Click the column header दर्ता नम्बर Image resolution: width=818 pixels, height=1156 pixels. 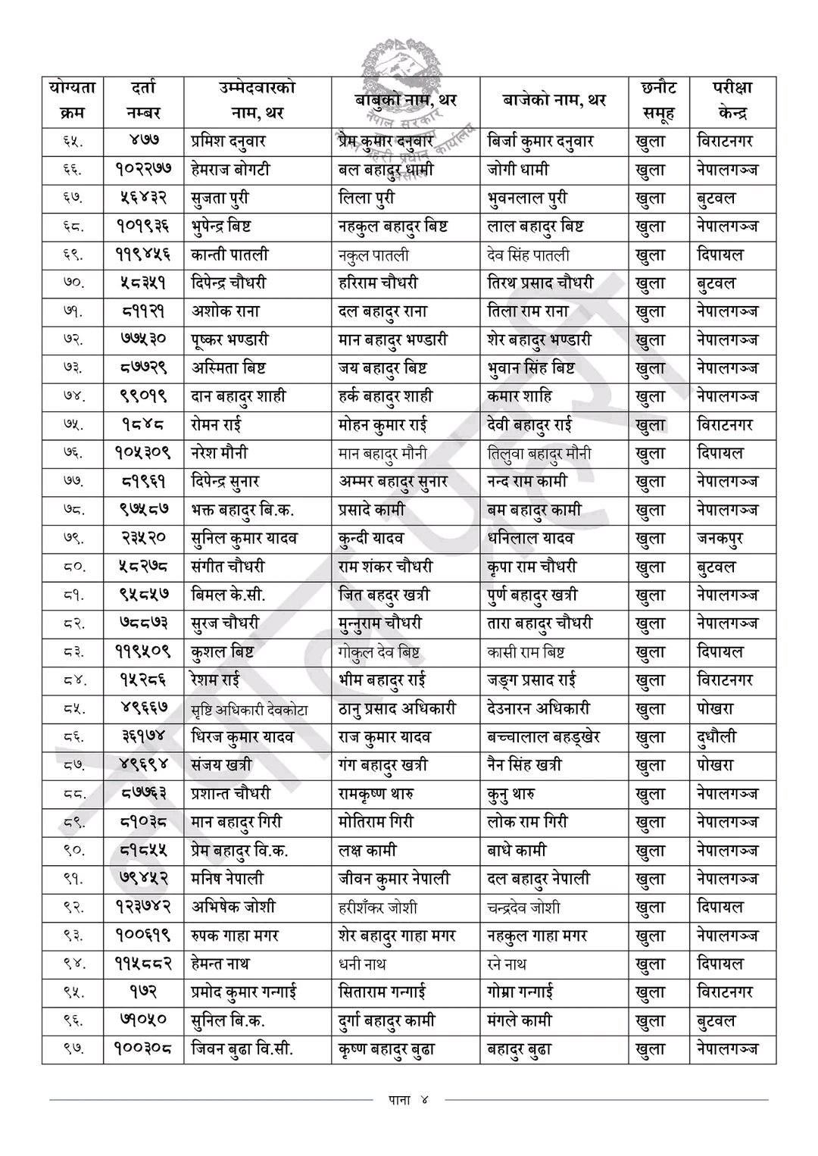143,101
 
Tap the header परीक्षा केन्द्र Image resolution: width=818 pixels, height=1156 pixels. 732,101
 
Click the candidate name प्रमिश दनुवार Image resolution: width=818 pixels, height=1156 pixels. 228,142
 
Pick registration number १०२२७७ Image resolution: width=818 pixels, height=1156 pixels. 143,170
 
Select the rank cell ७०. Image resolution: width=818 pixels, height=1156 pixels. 73,283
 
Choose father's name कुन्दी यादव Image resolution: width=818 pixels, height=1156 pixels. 371,539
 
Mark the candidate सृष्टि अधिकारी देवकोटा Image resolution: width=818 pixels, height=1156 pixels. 260,709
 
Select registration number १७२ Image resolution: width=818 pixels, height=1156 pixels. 143,992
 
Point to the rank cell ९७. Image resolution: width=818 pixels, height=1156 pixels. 73,1049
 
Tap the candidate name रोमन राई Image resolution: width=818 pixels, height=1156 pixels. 216,425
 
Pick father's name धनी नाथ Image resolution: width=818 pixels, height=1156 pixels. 362,964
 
